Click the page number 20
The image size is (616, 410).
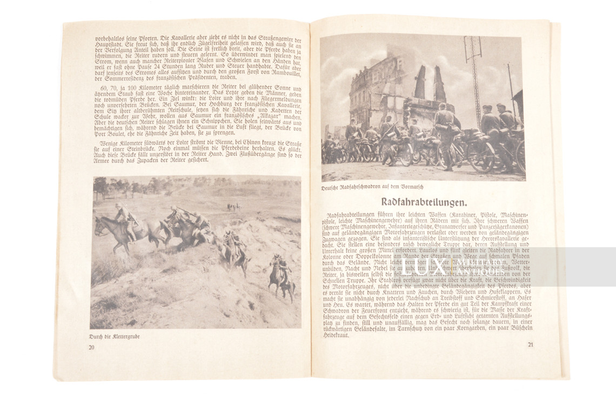click(x=92, y=347)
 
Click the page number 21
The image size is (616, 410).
click(x=531, y=345)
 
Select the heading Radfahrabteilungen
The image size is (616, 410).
click(x=427, y=203)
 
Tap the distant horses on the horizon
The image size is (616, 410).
click(x=233, y=206)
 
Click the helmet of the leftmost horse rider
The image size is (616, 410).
click(x=118, y=206)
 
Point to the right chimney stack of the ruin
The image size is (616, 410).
click(x=438, y=84)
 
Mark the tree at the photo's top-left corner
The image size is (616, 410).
click(x=101, y=187)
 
